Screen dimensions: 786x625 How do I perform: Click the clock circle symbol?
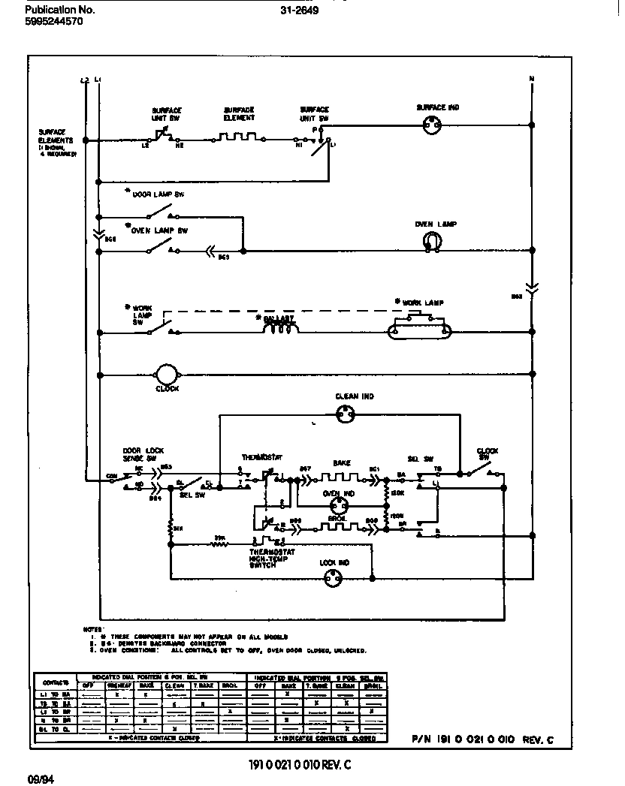[165, 375]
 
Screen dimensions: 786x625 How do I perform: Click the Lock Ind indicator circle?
[333, 577]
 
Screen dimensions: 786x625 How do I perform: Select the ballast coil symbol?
[280, 327]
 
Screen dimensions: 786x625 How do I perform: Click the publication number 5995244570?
[53, 22]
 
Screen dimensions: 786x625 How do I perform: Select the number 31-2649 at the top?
[298, 11]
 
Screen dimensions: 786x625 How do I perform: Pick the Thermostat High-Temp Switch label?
[272, 559]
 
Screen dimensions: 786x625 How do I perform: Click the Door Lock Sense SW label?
[140, 454]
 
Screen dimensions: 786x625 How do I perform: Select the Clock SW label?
[488, 454]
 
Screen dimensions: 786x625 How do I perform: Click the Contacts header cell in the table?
[56, 682]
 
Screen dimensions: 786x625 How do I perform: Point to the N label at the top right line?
[531, 78]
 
